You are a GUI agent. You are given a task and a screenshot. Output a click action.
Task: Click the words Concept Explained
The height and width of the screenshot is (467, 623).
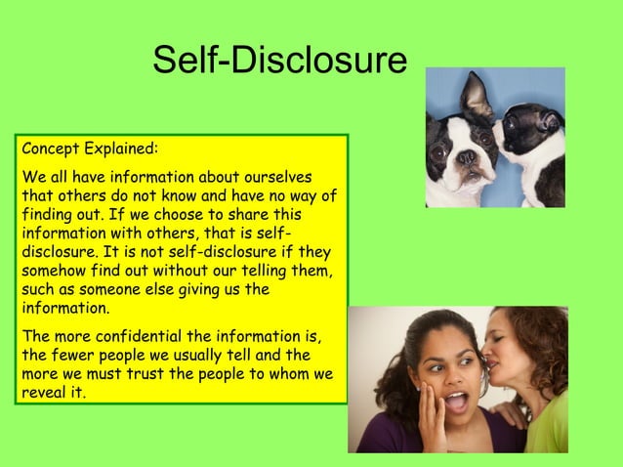89,151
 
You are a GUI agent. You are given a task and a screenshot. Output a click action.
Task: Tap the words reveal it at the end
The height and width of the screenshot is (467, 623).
54,394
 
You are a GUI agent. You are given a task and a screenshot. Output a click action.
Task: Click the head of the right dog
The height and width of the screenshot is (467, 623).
532,132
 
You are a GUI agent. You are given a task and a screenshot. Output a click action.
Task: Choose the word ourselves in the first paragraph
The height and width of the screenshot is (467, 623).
277,177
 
